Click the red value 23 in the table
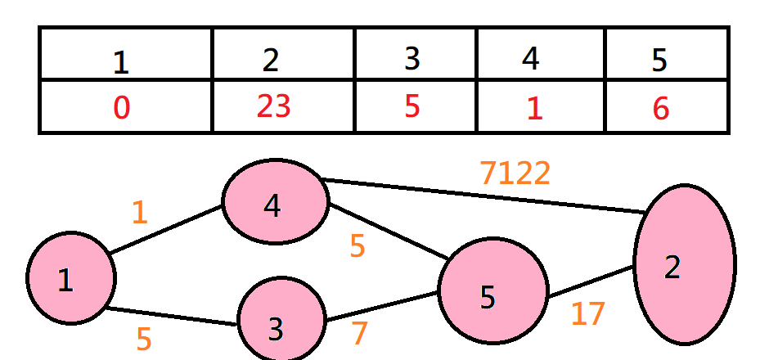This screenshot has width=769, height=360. click(x=274, y=106)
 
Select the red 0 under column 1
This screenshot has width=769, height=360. click(x=121, y=108)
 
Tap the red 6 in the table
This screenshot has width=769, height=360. click(x=661, y=109)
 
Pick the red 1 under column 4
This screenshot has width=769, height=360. click(x=533, y=109)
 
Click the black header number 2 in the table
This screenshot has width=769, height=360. click(x=271, y=61)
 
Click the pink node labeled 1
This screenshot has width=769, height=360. click(x=70, y=278)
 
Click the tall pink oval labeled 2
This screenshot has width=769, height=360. click(x=684, y=263)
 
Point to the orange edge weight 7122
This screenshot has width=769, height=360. click(x=515, y=173)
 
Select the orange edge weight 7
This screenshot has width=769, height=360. click(x=359, y=333)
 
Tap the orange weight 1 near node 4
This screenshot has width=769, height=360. click(x=140, y=213)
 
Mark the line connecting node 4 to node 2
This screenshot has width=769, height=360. click(x=483, y=195)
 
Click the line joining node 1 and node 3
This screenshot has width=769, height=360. click(x=172, y=317)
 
